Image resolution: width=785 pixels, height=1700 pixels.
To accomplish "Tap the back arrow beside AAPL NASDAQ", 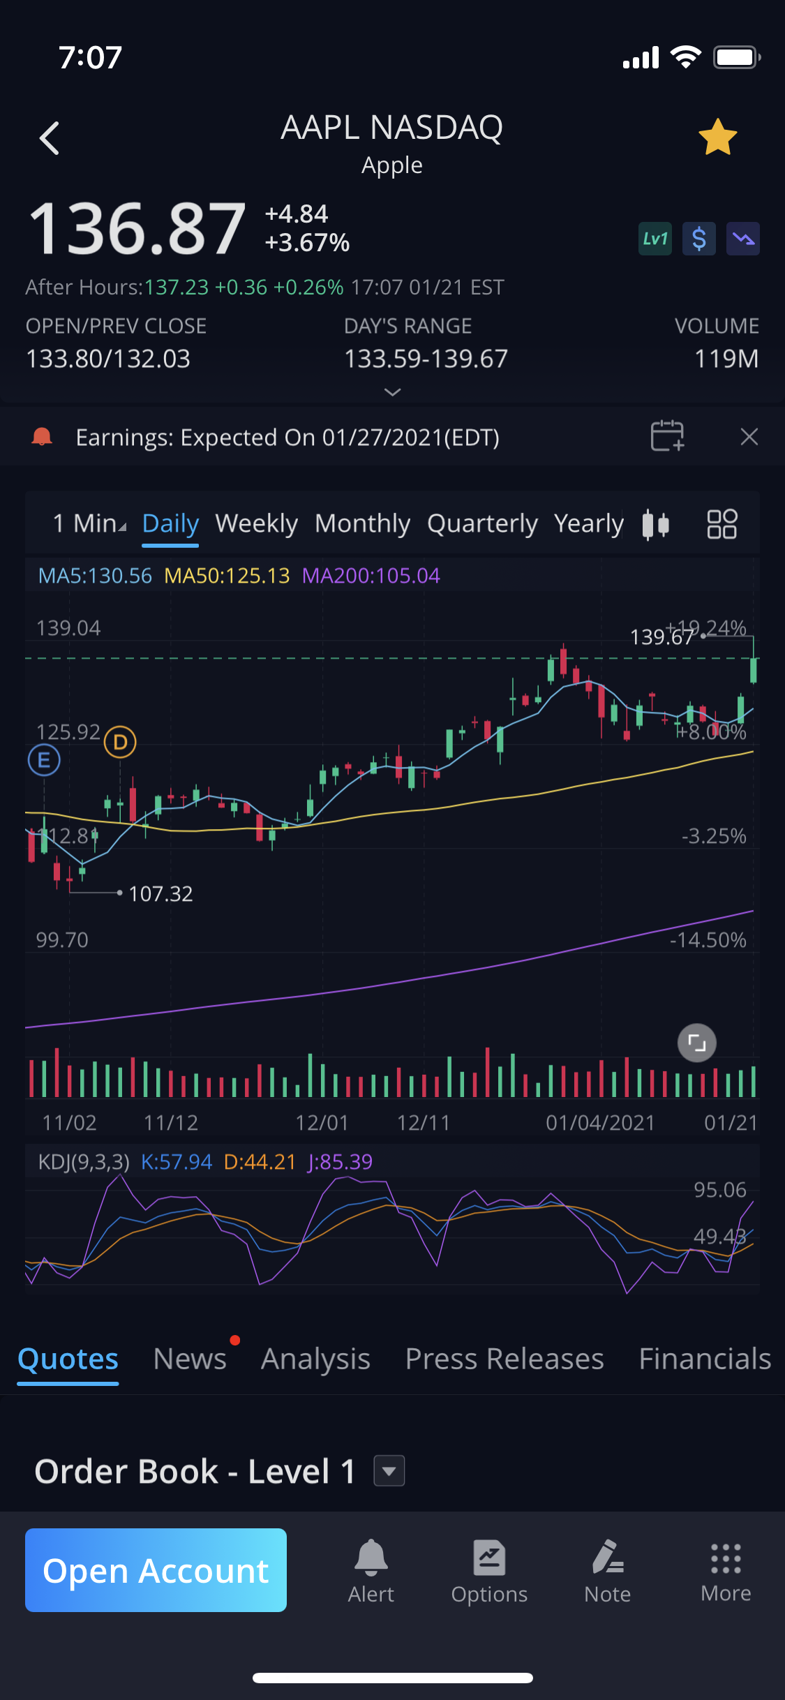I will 50,137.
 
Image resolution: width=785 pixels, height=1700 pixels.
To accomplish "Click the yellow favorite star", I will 717,137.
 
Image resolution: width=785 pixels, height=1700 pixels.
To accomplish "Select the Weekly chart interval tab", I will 256,523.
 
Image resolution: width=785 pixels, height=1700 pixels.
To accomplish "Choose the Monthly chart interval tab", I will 362,523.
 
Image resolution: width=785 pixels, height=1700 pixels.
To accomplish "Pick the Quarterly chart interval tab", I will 482,523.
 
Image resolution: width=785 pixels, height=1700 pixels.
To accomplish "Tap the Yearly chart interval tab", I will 588,523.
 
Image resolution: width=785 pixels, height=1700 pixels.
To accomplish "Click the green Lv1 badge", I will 655,239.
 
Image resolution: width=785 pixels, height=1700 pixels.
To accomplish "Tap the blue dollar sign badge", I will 698,239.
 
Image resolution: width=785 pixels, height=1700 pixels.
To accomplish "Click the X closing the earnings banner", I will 749,437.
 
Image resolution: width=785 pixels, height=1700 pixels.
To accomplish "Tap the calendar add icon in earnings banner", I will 667,436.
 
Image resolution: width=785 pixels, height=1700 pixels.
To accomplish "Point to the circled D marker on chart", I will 120,742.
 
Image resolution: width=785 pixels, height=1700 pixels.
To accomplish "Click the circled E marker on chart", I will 44,760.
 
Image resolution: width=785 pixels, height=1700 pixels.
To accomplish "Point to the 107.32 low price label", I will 160,893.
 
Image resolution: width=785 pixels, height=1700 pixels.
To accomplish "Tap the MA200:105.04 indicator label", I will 371,576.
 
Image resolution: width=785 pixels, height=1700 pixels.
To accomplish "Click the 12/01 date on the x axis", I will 322,1122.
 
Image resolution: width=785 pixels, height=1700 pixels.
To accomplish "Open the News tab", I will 190,1359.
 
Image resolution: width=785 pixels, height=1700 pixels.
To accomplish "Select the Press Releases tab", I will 504,1359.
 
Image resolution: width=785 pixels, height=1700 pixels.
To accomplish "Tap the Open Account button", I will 156,1570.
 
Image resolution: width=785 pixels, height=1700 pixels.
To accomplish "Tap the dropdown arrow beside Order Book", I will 389,1471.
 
